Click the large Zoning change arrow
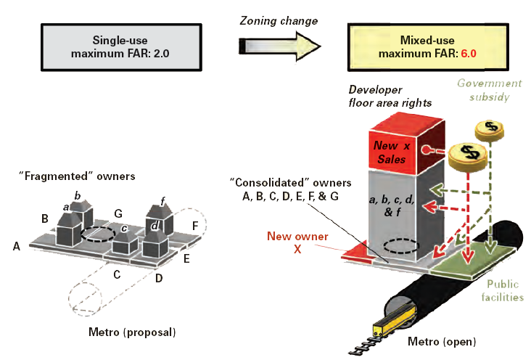[x=279, y=48]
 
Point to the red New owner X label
[x=298, y=242]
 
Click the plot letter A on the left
[x=16, y=246]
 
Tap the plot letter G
[x=118, y=213]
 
